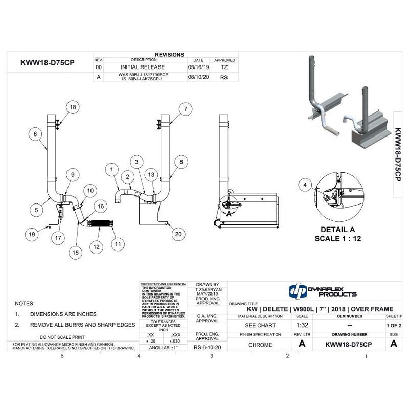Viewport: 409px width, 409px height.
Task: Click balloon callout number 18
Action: [72, 107]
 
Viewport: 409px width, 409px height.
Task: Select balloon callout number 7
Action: [185, 108]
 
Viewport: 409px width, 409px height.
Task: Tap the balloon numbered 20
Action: [177, 234]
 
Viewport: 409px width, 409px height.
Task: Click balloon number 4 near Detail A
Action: [305, 185]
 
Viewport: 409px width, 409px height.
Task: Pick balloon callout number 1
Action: [110, 168]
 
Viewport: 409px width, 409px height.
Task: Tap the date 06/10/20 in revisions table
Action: [199, 77]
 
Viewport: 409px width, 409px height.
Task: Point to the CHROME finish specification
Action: [260, 345]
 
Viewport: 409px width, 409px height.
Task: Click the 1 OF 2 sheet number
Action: [393, 325]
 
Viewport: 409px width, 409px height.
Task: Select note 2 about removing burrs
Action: [82, 325]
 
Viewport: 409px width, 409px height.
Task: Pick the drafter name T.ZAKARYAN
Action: [207, 290]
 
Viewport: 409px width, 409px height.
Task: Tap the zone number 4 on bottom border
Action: [139, 356]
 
